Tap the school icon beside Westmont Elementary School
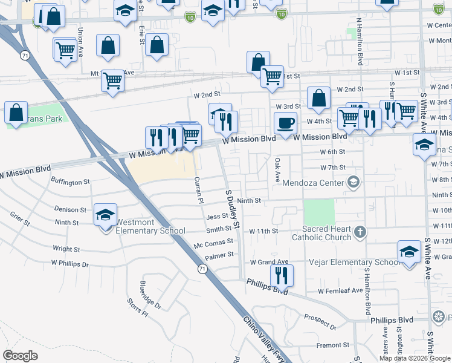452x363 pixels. click(x=105, y=215)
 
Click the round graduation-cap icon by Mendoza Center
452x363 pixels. click(x=354, y=181)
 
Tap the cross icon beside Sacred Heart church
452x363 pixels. click(x=360, y=232)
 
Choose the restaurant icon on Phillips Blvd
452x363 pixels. click(x=282, y=275)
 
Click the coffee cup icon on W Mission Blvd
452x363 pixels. click(x=286, y=123)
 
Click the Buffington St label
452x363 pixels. click(x=70, y=181)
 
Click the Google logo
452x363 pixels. click(x=21, y=356)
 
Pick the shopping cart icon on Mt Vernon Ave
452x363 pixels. click(x=113, y=80)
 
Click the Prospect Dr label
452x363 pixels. click(x=320, y=322)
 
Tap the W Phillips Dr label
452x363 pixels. click(x=69, y=264)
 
